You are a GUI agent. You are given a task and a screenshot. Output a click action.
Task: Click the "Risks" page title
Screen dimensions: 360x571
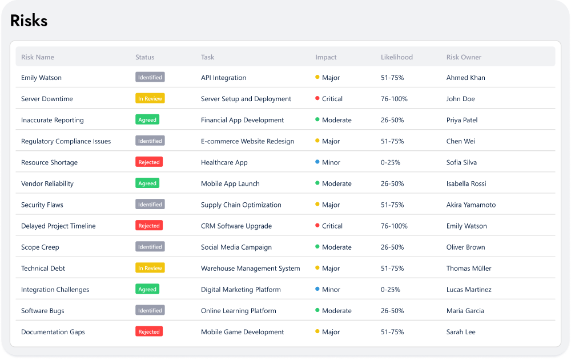29,21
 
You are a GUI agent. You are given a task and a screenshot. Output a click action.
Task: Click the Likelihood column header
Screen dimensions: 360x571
396,57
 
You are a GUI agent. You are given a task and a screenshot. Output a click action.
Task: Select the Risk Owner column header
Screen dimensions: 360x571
464,57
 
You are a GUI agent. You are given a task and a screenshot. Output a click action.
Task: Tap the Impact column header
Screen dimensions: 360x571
325,57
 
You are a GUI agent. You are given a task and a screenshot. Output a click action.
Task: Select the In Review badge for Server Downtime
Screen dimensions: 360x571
150,98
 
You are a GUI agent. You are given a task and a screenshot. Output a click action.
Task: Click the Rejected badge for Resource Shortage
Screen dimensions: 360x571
149,162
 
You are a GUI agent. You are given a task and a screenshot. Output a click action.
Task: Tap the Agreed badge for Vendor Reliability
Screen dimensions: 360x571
147,183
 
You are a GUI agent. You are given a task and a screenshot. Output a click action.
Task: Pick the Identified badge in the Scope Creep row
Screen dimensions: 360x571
150,247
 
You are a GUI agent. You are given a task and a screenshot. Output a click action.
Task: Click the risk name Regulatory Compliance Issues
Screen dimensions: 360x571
66,141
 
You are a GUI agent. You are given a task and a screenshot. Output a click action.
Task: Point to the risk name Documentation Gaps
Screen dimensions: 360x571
53,332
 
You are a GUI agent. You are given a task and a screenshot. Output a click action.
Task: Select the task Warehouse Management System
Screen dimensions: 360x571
250,269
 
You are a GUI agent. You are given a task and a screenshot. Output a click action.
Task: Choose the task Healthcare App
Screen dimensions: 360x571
224,162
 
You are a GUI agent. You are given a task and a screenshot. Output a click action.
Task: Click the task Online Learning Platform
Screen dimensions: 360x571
238,311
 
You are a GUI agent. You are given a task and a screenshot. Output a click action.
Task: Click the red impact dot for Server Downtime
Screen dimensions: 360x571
317,98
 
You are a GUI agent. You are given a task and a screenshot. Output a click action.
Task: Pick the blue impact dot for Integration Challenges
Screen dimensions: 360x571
317,289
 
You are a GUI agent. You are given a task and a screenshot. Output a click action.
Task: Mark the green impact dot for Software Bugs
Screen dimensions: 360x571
317,310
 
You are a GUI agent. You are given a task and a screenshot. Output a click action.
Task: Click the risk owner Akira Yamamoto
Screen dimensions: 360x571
471,205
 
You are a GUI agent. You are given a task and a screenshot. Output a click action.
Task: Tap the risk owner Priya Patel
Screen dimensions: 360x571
462,120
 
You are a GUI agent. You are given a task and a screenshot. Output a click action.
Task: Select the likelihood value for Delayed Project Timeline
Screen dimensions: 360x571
394,226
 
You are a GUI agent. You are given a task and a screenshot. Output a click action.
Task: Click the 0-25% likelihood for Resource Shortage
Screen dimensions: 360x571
391,162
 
